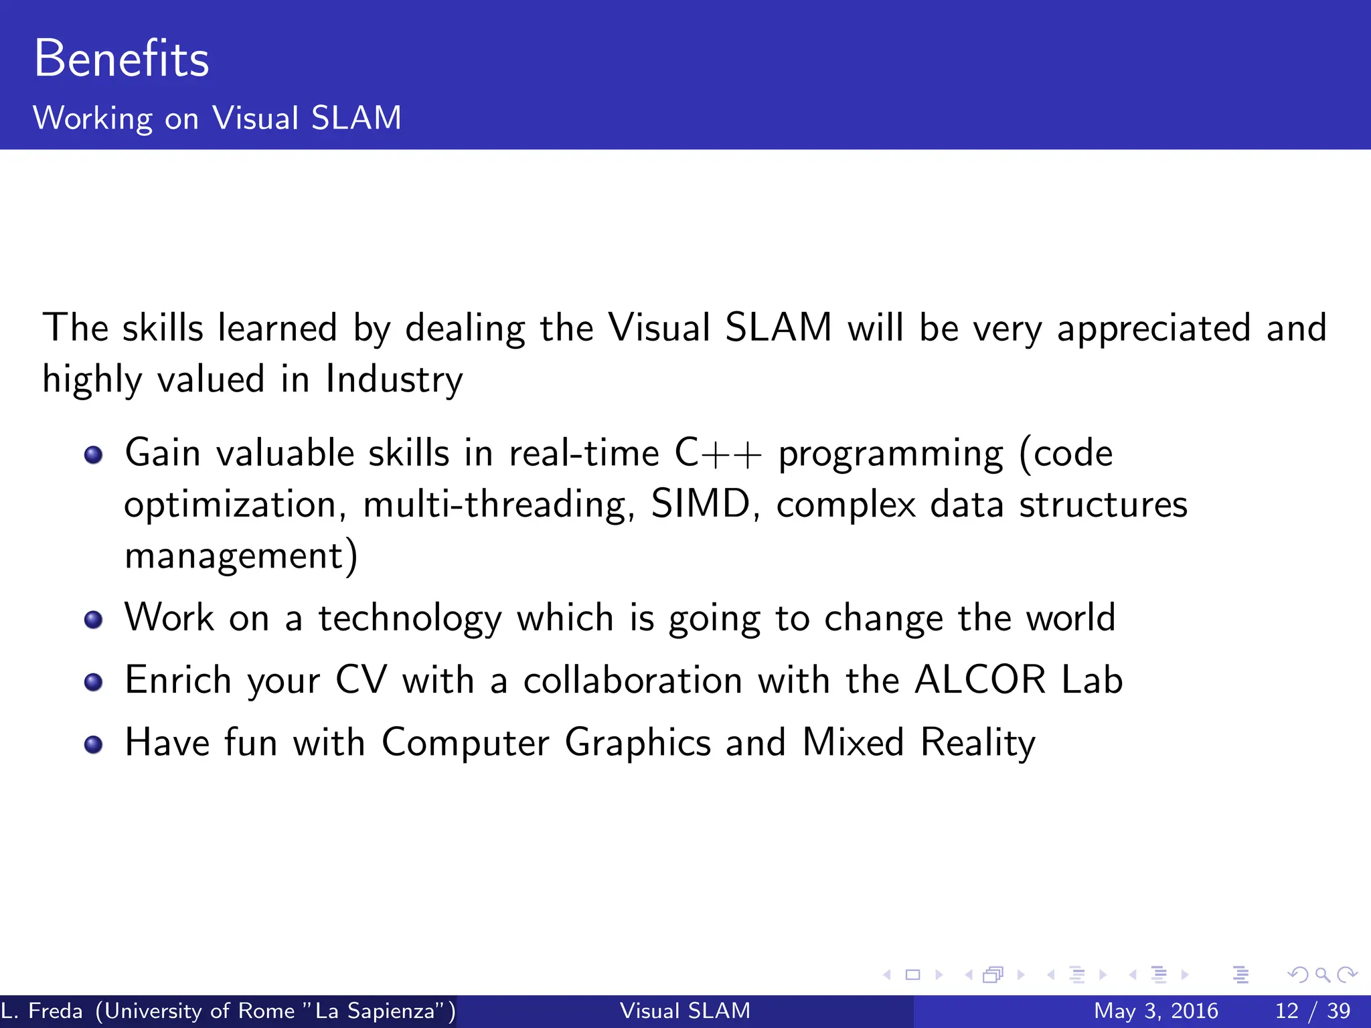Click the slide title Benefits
click(121, 59)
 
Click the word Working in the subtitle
click(92, 118)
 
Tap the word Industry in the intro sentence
click(394, 379)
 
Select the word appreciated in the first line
click(1153, 328)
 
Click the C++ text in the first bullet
click(718, 453)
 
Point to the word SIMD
click(701, 504)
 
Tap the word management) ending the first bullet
click(241, 555)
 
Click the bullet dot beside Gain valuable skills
click(94, 455)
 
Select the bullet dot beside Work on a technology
click(94, 620)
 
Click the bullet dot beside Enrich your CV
click(94, 682)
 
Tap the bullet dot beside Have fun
click(94, 744)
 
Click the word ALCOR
click(980, 680)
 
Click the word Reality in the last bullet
click(977, 743)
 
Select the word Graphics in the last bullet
click(637, 743)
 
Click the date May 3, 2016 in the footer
click(1155, 1011)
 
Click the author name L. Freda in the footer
click(42, 1011)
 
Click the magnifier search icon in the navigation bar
click(1322, 975)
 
